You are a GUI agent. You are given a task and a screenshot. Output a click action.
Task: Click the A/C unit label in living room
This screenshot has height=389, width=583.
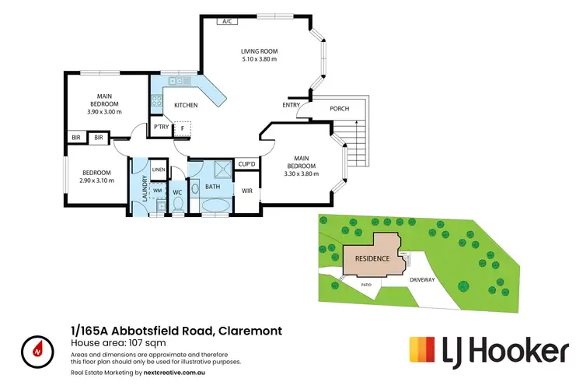[228, 22]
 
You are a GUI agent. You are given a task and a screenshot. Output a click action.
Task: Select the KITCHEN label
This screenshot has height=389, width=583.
[186, 105]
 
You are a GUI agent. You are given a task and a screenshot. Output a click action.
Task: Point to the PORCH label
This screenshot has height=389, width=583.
[339, 109]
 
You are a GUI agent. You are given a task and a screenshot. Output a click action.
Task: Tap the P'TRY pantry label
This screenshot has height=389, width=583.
[161, 127]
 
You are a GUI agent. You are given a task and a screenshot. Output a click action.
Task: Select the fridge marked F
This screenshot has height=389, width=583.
[182, 128]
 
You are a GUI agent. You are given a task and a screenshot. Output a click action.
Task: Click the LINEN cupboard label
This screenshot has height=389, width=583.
[158, 169]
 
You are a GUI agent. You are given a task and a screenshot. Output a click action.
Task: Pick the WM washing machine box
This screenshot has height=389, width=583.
[157, 190]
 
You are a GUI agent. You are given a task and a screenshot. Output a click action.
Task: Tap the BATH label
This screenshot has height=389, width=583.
[211, 187]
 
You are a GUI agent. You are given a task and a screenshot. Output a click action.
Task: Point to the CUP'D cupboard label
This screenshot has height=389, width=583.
[247, 163]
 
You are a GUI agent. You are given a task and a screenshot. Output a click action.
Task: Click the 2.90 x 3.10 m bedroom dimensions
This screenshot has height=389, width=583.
[96, 180]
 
